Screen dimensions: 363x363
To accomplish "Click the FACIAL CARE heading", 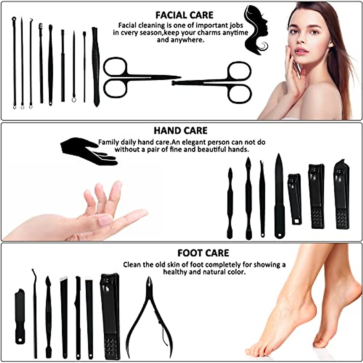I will point(184,15).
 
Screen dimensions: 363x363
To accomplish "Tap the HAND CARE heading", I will point(181,131).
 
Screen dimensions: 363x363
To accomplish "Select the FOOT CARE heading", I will point(203,253).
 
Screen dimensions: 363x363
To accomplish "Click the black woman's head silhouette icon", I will point(256,30).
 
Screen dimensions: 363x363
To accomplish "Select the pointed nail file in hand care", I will point(279,197).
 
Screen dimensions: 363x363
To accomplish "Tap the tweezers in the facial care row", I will point(96,67).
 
